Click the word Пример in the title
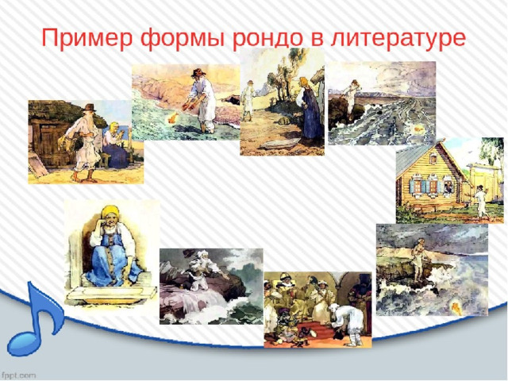tap(87, 38)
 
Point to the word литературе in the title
tap(398, 39)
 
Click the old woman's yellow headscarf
tap(110, 212)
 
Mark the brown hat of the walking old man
tap(89, 107)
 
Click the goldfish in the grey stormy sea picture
tap(418, 129)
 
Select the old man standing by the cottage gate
tap(480, 202)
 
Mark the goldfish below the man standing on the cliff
tap(456, 306)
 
